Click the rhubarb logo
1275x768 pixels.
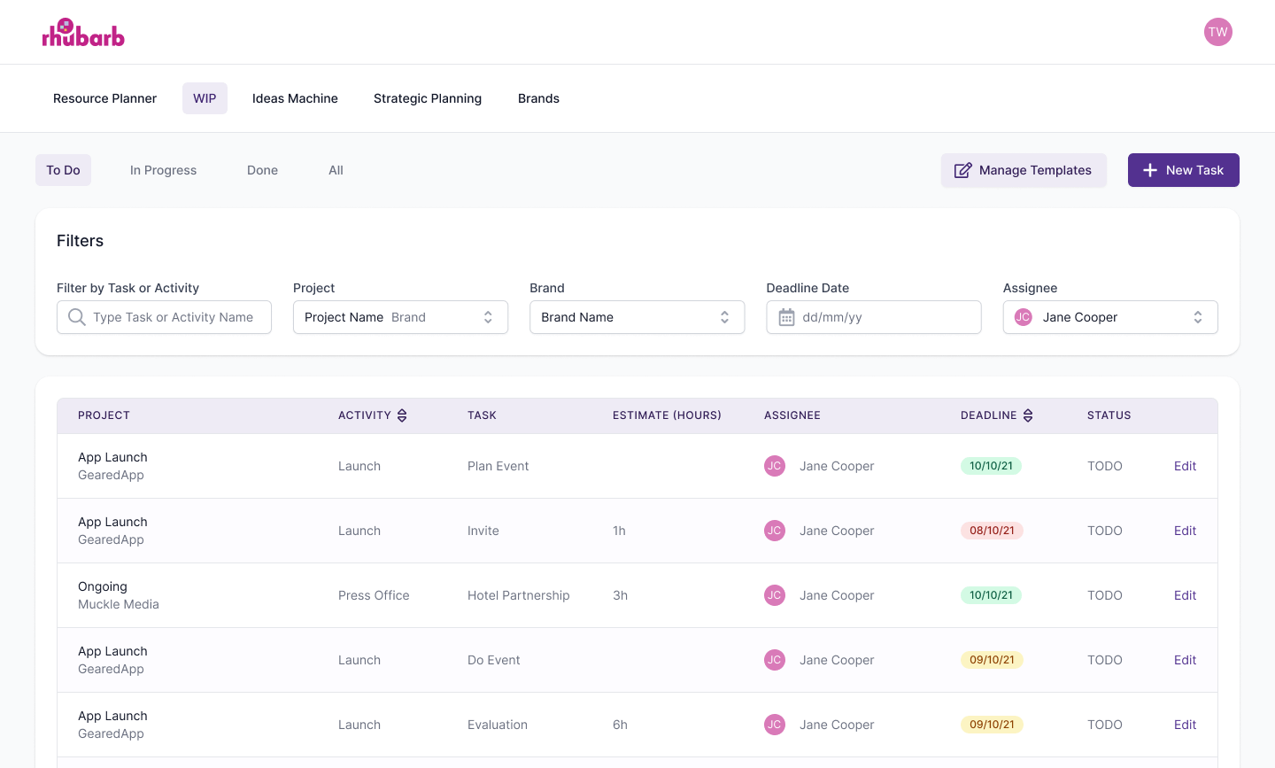[x=83, y=33]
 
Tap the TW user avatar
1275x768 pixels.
[x=1217, y=32]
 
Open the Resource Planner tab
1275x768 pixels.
[x=104, y=98]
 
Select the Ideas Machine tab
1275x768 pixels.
[x=295, y=98]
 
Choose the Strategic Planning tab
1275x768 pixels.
[x=428, y=98]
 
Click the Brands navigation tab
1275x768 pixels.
[x=538, y=98]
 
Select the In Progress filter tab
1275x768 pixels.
[x=163, y=170]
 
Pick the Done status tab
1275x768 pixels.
[x=262, y=170]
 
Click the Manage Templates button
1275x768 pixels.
[x=1023, y=170]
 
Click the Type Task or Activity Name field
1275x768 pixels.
[x=173, y=317]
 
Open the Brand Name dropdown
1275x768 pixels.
[x=637, y=317]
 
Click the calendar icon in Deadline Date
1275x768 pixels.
[x=786, y=317]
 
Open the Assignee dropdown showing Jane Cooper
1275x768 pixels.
[x=1109, y=317]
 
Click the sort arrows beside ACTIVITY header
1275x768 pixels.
[x=402, y=415]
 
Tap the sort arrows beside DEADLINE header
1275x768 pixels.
[x=1028, y=415]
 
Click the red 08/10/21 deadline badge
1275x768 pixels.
[x=992, y=531]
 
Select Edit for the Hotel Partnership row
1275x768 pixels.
[x=1185, y=595]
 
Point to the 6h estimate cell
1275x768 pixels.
[x=620, y=725]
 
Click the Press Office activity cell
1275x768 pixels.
[x=374, y=595]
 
